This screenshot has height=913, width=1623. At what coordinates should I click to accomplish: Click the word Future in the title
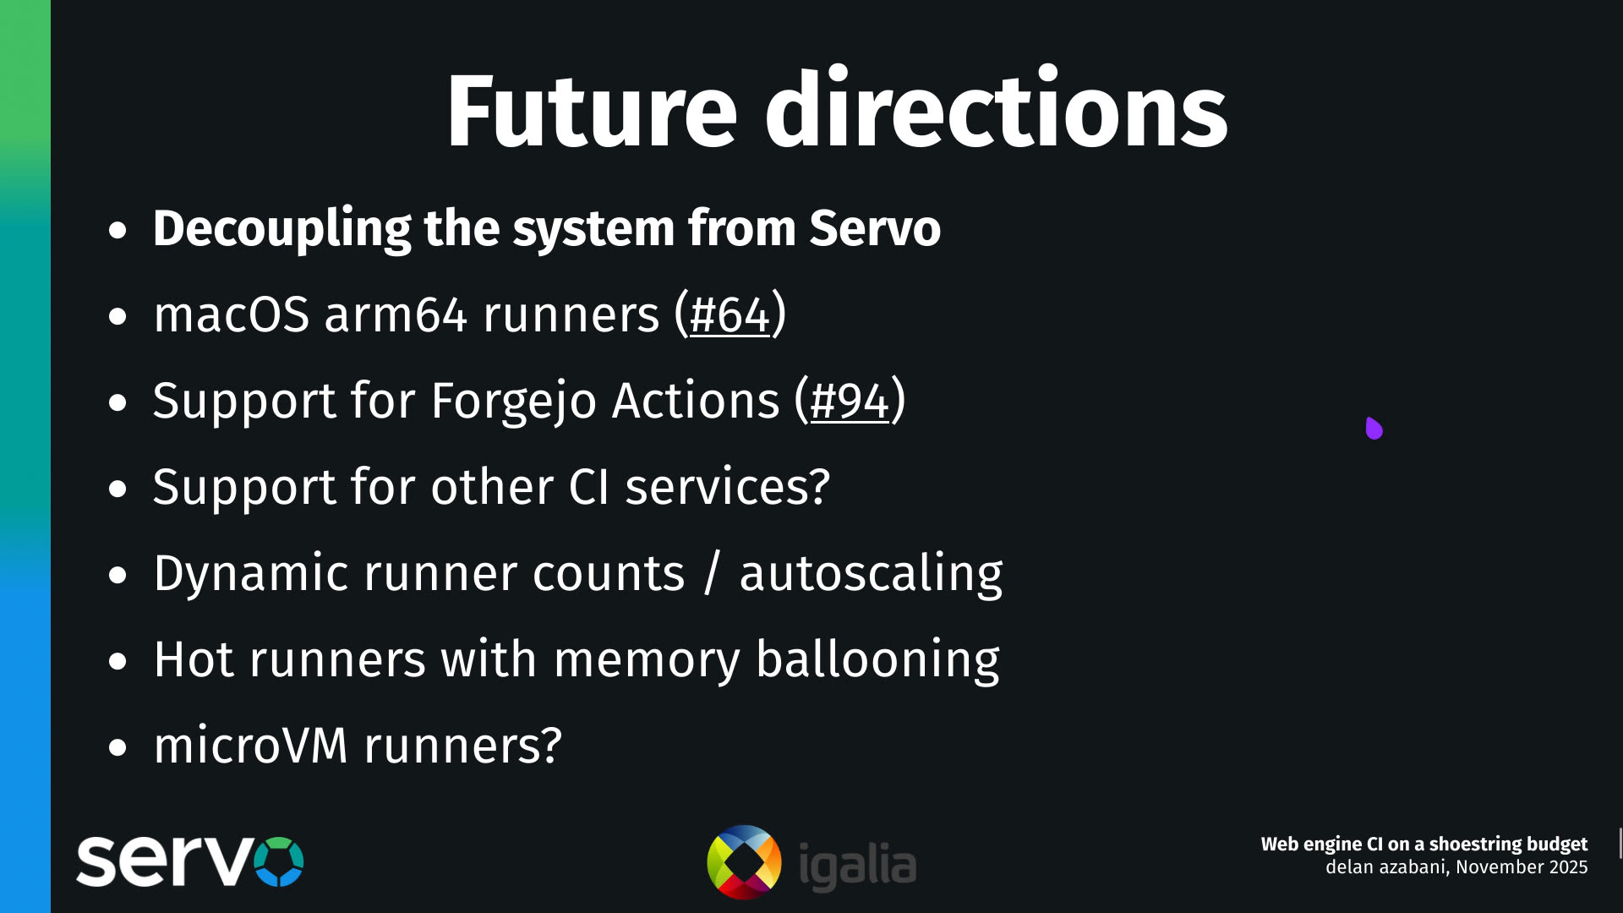tap(592, 111)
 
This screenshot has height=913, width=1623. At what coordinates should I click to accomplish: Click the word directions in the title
tap(996, 111)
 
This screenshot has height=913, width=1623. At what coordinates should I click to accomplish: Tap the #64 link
tap(730, 314)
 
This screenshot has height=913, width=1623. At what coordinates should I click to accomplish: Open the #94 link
tap(850, 401)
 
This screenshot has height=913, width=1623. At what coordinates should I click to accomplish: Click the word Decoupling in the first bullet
tap(281, 228)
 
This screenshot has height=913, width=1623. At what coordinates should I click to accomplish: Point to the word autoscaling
tap(871, 573)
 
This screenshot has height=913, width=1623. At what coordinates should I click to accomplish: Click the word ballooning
tap(877, 659)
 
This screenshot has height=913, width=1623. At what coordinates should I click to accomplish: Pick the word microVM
tap(250, 746)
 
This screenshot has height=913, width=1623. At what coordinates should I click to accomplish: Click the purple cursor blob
tap(1374, 429)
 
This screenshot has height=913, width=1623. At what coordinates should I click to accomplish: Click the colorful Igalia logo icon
tap(744, 862)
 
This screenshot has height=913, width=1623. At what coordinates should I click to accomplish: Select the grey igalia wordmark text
tap(857, 865)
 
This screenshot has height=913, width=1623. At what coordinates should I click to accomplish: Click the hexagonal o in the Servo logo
tap(278, 861)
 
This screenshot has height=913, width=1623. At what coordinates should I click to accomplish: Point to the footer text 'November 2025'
tap(1522, 867)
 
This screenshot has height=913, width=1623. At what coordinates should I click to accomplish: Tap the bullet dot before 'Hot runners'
tap(117, 661)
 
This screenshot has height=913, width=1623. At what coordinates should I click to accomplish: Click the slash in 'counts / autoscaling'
tap(712, 573)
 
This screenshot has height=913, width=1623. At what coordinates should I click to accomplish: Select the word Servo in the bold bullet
tap(874, 228)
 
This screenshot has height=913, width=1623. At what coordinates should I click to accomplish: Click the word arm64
tap(395, 314)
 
